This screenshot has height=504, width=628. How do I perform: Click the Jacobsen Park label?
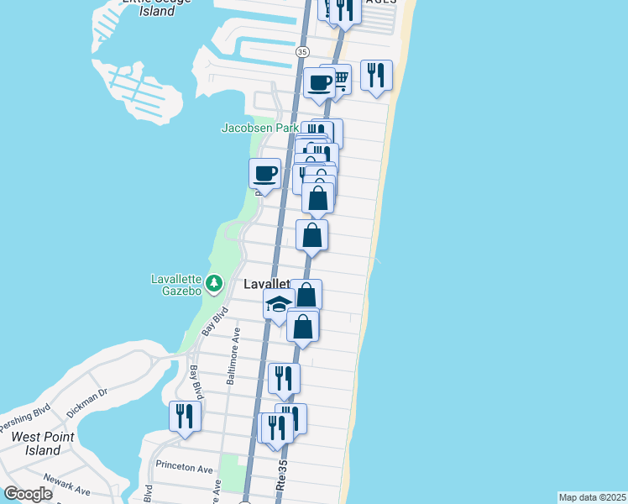click(259, 128)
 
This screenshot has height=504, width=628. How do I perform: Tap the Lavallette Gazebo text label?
click(175, 285)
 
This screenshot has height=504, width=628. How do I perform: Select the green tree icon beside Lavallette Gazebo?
click(214, 283)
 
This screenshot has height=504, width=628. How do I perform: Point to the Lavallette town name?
click(266, 285)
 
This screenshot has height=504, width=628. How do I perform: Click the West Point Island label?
click(43, 444)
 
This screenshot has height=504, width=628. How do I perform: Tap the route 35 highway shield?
click(302, 52)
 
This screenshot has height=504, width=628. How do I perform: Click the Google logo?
click(28, 494)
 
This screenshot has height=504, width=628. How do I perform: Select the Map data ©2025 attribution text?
click(592, 497)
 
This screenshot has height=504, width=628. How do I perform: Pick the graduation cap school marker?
click(277, 306)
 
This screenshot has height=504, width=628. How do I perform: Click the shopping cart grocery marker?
click(339, 79)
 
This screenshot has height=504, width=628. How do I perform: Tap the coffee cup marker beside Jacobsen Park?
click(265, 174)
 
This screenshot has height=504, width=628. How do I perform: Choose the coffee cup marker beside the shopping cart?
click(319, 82)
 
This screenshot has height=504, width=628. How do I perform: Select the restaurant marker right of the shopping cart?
click(376, 75)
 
